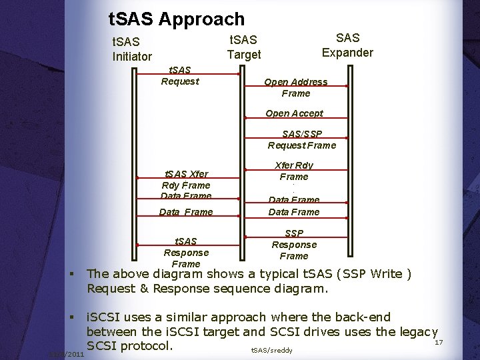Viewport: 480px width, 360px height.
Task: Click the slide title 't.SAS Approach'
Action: click(x=176, y=19)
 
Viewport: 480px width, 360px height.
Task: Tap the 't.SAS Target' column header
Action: click(x=243, y=47)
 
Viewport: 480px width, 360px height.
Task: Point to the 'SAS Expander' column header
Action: click(x=347, y=45)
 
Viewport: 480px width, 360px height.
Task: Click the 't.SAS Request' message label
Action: click(x=179, y=75)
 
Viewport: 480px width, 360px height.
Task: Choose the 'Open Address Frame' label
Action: click(x=295, y=87)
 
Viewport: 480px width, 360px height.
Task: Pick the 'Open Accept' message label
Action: click(x=294, y=113)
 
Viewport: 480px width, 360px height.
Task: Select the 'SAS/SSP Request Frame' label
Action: click(x=301, y=139)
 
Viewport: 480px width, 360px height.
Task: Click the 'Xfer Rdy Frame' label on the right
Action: click(x=294, y=171)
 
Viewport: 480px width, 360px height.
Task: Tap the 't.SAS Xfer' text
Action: click(x=186, y=174)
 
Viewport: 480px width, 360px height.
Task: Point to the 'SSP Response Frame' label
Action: click(x=294, y=244)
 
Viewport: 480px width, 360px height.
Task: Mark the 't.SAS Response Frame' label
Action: click(x=186, y=252)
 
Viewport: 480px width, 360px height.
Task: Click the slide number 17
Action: click(x=439, y=342)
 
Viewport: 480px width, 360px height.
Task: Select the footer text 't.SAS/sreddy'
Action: click(x=271, y=349)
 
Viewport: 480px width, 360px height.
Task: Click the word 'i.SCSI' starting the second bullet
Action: click(x=109, y=317)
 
